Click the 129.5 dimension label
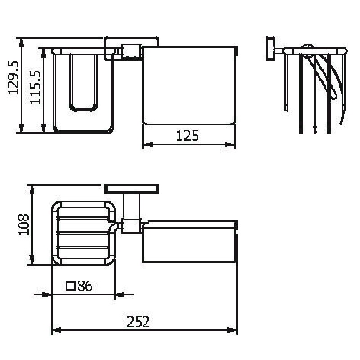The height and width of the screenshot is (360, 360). point(13,78)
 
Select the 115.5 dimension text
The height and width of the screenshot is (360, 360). point(36,87)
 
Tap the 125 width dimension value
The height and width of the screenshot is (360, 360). point(187,136)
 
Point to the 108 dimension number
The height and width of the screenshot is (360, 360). point(24,225)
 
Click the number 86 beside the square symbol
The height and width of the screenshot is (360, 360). point(85,286)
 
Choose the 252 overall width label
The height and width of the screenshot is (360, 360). point(138,322)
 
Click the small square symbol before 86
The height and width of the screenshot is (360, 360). point(71,286)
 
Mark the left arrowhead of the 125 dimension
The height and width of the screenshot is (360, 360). point(148,144)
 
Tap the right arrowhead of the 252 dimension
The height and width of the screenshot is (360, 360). point(232,330)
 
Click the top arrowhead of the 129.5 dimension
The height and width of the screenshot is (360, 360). point(21,43)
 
